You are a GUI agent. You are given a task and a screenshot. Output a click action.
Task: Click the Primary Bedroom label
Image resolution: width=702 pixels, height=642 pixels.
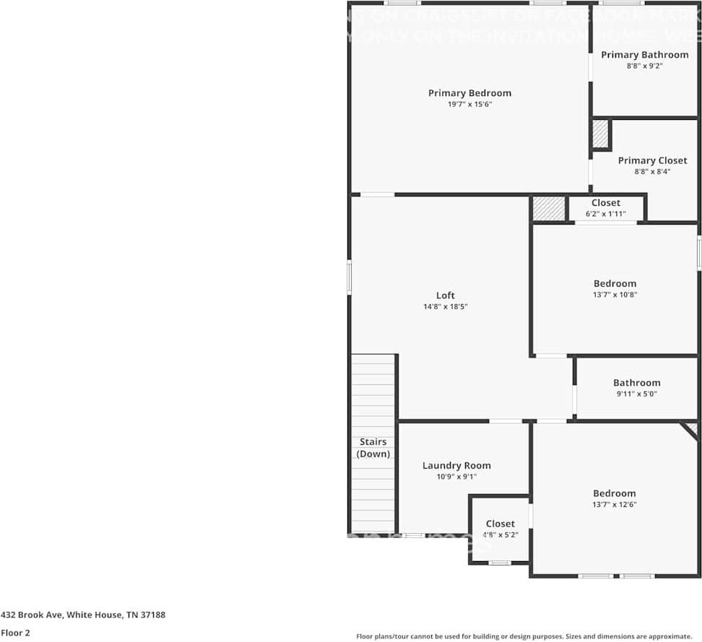point(469,92)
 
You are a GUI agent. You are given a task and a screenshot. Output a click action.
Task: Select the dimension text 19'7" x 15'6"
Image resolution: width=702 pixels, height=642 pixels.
point(469,104)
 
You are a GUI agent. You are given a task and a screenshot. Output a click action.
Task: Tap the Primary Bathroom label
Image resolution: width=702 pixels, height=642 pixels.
point(644,55)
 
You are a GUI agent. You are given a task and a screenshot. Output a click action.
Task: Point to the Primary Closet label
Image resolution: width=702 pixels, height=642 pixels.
point(652,160)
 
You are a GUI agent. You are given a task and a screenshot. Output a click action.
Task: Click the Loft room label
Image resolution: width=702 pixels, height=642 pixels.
point(446,295)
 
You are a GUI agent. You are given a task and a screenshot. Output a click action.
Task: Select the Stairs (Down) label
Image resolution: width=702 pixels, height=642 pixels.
point(373,448)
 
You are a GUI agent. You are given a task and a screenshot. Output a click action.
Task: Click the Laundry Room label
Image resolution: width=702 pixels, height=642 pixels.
point(456,466)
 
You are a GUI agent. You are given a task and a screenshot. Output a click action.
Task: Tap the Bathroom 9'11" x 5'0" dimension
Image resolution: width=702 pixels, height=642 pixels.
point(636,394)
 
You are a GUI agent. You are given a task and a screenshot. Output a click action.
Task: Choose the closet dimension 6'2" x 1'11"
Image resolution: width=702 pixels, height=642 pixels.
point(605,214)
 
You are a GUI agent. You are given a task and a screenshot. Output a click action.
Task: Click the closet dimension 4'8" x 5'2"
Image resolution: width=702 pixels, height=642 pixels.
point(500,535)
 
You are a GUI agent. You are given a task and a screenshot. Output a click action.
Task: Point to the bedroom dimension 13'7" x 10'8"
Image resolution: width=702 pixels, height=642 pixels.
point(615,295)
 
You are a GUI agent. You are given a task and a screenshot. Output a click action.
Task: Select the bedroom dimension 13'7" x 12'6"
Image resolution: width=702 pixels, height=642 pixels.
point(615,505)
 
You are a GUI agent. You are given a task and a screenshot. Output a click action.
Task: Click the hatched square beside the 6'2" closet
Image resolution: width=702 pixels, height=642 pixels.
point(548,208)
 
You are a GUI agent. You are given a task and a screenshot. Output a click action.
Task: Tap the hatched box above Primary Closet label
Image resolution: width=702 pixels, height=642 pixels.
point(601,134)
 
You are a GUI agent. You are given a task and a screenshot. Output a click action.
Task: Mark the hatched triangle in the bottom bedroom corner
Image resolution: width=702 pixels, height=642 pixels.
point(692,429)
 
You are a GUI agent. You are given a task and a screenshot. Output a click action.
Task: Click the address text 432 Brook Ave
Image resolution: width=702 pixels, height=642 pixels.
point(83,615)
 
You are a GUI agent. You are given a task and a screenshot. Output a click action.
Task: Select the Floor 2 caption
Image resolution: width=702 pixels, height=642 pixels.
point(15,633)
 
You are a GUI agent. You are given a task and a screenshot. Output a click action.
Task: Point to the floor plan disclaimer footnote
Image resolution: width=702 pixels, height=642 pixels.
point(524,636)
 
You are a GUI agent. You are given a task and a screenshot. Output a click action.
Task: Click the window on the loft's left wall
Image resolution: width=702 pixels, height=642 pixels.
point(350,277)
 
